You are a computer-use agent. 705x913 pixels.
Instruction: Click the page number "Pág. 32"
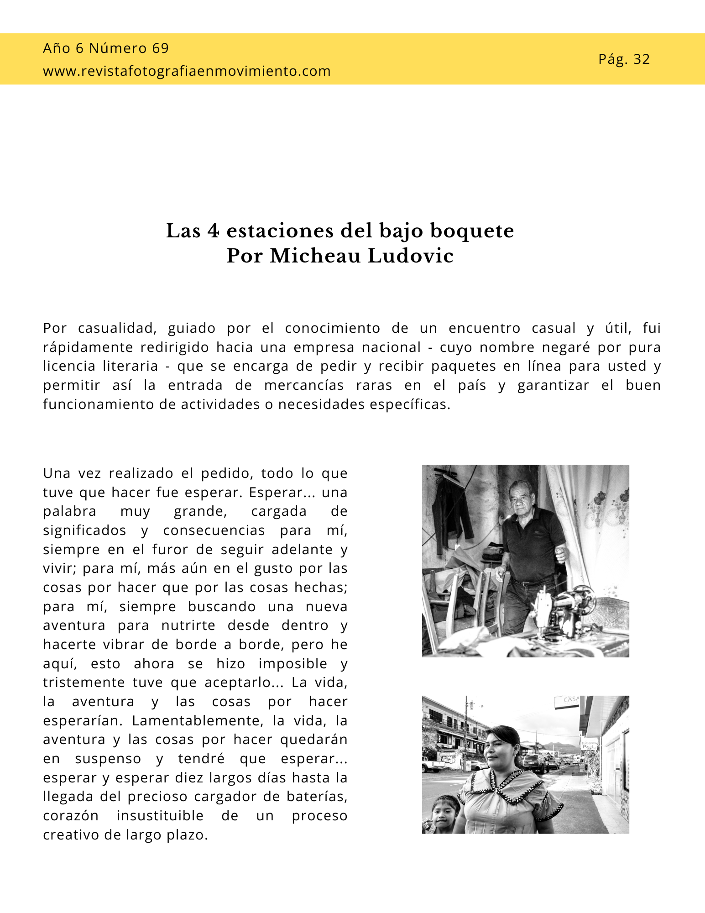pyautogui.click(x=624, y=59)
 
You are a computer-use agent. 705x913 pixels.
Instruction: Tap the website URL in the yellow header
pyautogui.click(x=187, y=71)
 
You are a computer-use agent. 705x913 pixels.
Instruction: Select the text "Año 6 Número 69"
pyautogui.click(x=106, y=48)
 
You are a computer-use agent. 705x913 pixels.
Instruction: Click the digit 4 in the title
pyautogui.click(x=213, y=231)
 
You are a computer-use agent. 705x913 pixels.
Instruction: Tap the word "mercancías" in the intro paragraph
pyautogui.click(x=304, y=385)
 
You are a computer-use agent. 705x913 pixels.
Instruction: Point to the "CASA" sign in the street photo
pyautogui.click(x=570, y=699)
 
